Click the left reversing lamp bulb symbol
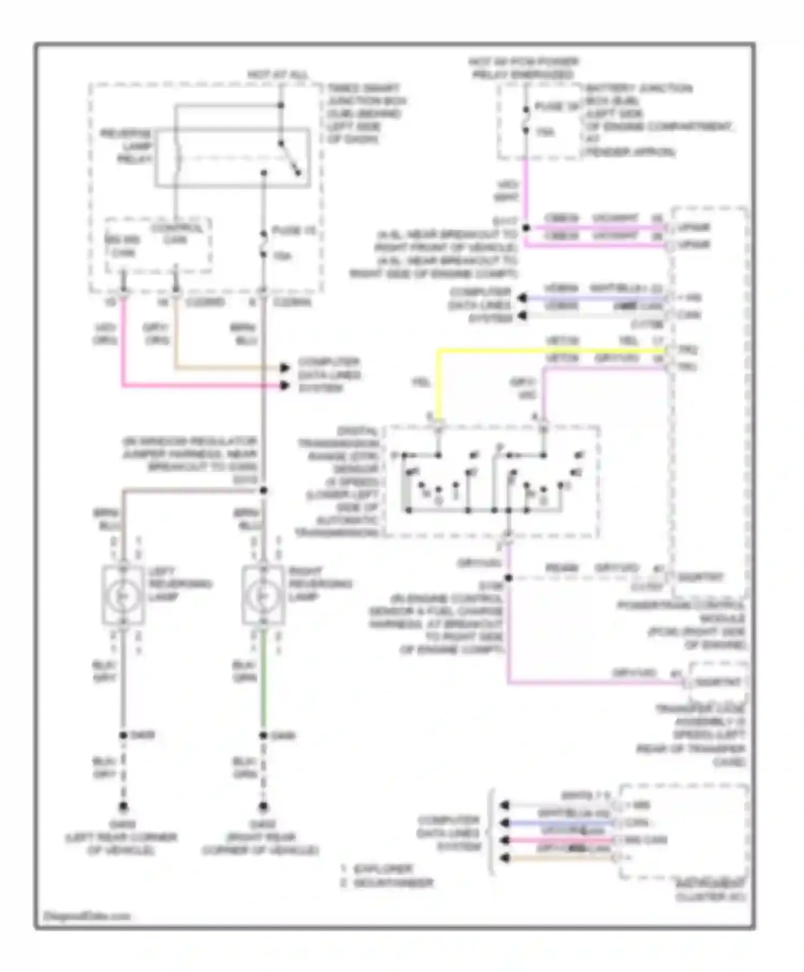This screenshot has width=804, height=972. (123, 595)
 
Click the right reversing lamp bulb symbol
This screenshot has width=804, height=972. (263, 595)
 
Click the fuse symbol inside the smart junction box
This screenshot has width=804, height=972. (264, 244)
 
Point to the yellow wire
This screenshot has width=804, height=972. (536, 351)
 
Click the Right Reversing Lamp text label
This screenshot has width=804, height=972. (320, 584)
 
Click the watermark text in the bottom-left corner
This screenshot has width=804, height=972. (86, 916)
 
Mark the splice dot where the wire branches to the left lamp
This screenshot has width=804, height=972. (263, 490)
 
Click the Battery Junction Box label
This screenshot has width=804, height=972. (638, 119)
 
